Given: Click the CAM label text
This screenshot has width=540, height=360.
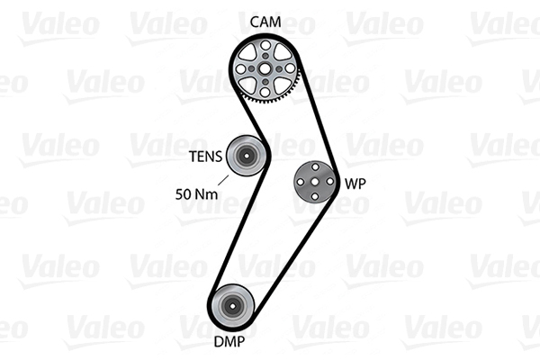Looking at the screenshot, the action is coord(265,22).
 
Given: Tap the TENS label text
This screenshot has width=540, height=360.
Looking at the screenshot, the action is coord(205,157).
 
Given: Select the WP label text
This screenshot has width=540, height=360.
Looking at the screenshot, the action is coord(355,184).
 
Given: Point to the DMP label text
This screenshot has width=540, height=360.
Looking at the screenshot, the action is coord(229,341).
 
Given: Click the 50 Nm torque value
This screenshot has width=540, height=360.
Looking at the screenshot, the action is coord(196,194).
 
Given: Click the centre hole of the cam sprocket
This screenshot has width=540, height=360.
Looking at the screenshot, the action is coord(265,69).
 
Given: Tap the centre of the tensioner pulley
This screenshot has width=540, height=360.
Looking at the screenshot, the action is coord(247,156).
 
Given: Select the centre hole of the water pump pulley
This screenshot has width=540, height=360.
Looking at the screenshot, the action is coord(315,182).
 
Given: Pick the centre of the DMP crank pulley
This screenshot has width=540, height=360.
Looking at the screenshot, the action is coord(232,306).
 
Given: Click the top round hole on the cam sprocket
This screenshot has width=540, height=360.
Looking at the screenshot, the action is coord(265,45).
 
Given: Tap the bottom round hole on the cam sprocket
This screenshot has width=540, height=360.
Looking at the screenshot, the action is coord(265,92).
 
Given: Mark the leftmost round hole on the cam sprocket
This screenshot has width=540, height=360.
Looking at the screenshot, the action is coord(241,69).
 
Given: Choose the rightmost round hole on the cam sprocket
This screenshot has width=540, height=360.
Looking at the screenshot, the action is coord(290,68).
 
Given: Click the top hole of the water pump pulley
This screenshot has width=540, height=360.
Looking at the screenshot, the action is coord(315,167).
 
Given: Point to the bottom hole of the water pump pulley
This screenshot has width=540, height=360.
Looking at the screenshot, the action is coord(315,196).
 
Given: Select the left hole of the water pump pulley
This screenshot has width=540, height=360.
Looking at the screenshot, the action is coord(301,182).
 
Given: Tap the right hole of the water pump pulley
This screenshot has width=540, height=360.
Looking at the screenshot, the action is coord(329,181).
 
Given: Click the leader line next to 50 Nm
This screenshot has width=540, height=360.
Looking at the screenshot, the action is coord(223,181).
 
